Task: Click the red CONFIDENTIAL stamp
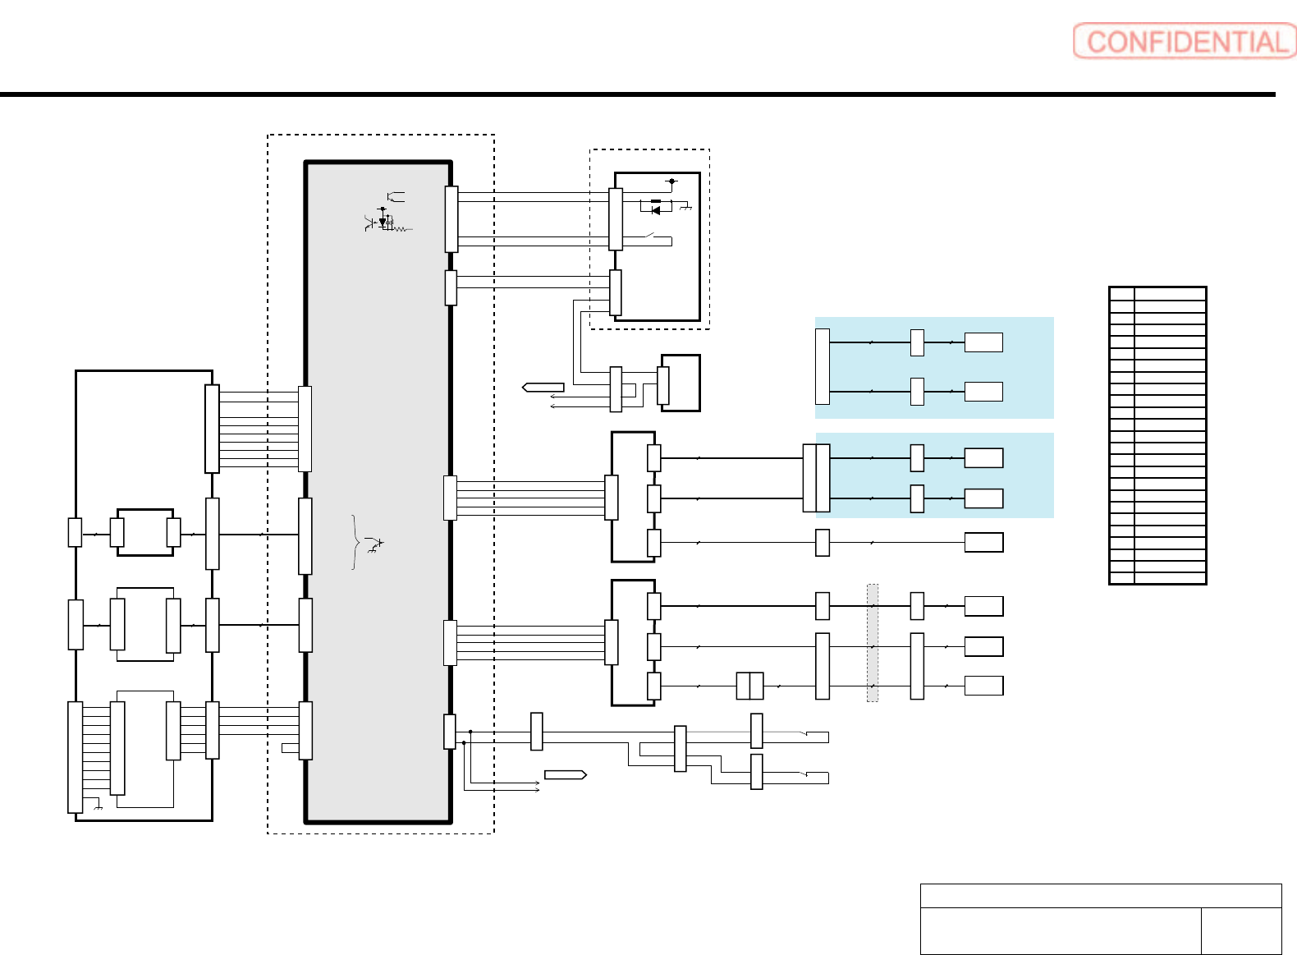click(x=1185, y=41)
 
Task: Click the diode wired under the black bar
click(x=655, y=210)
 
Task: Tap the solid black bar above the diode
click(x=655, y=201)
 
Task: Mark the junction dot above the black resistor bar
click(x=672, y=181)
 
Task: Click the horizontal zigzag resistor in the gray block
click(x=401, y=229)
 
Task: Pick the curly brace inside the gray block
click(x=355, y=542)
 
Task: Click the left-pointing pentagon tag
click(x=543, y=387)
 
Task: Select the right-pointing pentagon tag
click(x=566, y=774)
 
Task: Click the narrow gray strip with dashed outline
click(x=873, y=643)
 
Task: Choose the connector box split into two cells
click(x=749, y=686)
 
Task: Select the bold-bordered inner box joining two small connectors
click(x=145, y=532)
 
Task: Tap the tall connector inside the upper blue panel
click(x=822, y=367)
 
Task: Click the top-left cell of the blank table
click(x=1121, y=293)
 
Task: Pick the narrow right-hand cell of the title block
click(x=1240, y=930)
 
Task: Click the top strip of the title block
click(x=1100, y=895)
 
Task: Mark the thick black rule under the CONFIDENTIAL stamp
click(x=637, y=94)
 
